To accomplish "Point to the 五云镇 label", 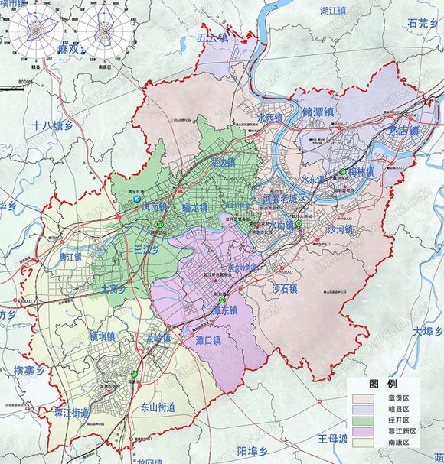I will coord(213,37).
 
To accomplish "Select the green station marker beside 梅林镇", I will coord(344,173).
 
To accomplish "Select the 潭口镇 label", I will coord(206,340).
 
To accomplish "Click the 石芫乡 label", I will coord(422,24).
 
